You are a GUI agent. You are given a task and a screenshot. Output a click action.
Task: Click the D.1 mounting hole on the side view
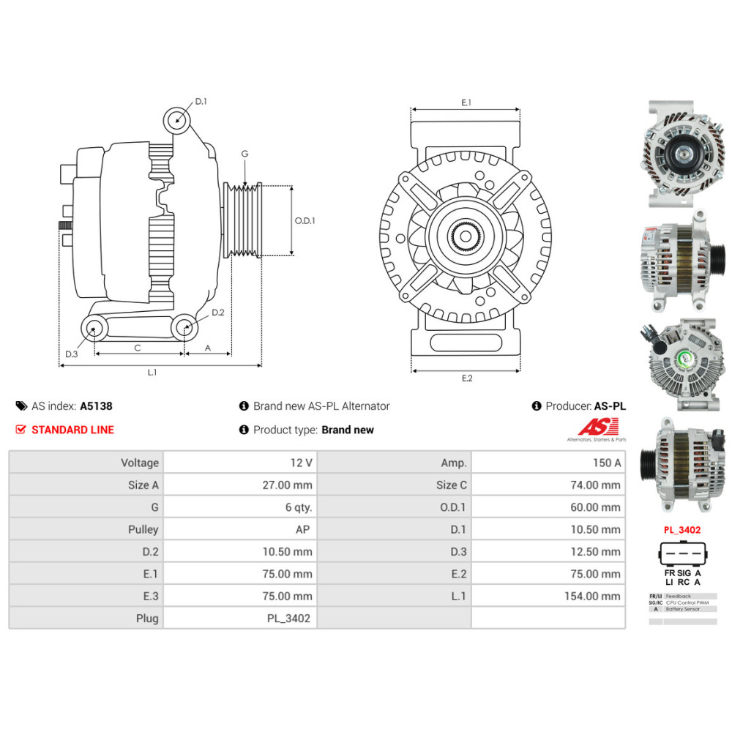[x=176, y=118]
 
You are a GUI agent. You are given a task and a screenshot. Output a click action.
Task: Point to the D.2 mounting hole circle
[x=185, y=327]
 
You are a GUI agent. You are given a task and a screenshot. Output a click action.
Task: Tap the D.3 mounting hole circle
[x=92, y=328]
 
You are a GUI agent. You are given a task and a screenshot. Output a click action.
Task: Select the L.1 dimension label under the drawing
[x=152, y=373]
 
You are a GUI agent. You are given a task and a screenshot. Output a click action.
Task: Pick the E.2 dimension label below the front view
[x=466, y=378]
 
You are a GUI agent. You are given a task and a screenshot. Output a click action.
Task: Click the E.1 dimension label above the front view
[x=466, y=102]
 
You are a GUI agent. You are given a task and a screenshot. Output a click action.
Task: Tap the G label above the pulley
[x=244, y=154]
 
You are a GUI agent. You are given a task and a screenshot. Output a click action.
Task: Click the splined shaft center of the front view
[x=465, y=236]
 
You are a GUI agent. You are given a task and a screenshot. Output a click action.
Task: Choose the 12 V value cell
[x=240, y=463]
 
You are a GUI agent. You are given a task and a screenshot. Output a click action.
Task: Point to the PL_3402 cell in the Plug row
[x=240, y=619]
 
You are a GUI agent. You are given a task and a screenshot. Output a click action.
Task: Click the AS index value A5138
[x=96, y=406]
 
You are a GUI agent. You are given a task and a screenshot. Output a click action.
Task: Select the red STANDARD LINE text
[x=72, y=430]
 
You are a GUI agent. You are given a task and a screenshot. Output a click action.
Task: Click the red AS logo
[x=597, y=426]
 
